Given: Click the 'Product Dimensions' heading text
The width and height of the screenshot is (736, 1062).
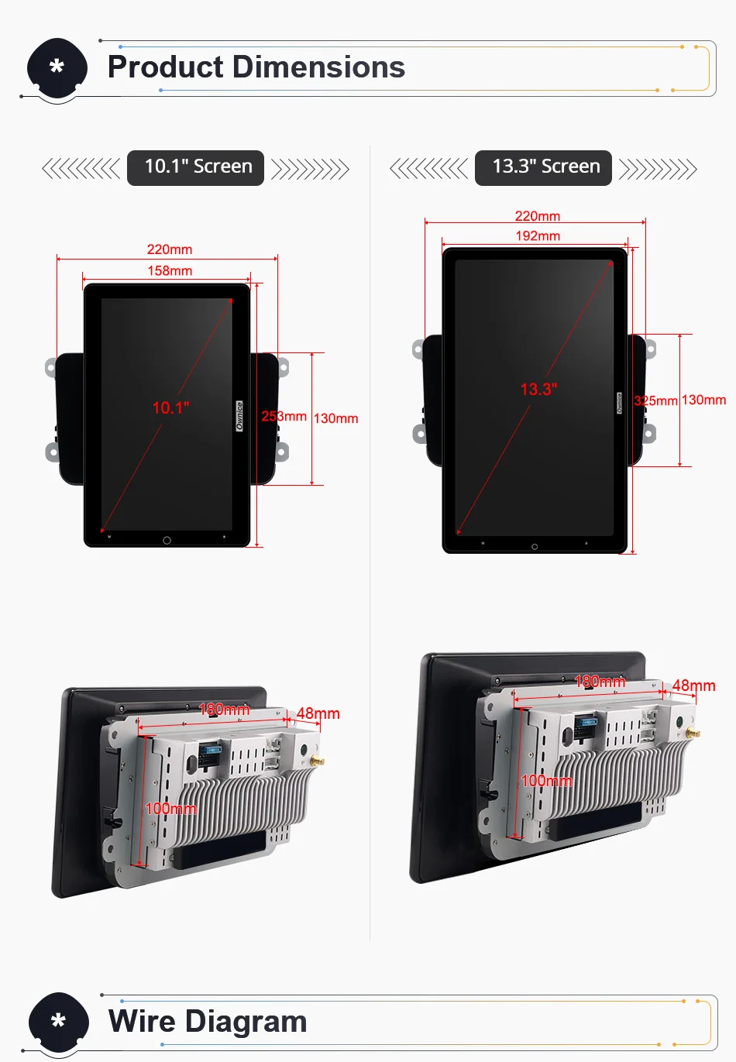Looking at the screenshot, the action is [256, 67].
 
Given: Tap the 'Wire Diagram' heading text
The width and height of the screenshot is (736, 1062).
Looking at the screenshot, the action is [208, 1021].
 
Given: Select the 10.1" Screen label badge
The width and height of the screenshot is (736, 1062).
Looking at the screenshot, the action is [195, 167].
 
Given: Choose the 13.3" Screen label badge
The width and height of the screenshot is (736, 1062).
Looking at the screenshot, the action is [543, 167].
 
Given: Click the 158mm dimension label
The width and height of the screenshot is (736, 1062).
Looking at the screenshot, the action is [170, 270].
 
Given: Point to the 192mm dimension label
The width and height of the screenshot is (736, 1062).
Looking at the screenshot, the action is [538, 235].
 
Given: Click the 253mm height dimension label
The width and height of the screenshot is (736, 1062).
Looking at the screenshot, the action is [284, 417].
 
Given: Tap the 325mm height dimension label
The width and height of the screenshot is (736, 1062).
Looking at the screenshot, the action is [655, 400].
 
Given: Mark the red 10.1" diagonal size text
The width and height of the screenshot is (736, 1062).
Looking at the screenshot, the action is [170, 407].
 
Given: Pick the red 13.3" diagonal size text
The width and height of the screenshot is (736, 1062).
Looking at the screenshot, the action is [538, 389].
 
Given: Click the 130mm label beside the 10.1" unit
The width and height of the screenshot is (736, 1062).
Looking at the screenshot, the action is [335, 418].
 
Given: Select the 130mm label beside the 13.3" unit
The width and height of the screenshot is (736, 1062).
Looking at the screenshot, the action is [703, 400].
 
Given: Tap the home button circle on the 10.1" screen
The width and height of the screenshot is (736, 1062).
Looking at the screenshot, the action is [167, 540].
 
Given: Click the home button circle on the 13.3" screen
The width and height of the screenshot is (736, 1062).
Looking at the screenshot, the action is [535, 547].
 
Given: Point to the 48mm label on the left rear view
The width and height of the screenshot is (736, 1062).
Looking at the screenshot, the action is [318, 713].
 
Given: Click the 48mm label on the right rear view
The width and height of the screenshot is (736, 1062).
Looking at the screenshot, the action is [693, 686].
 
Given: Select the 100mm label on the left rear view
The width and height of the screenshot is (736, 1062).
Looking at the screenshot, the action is [170, 809].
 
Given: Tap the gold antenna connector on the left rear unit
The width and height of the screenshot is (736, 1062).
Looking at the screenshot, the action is [317, 761].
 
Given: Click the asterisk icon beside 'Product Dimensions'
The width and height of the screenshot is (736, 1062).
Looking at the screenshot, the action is [57, 67].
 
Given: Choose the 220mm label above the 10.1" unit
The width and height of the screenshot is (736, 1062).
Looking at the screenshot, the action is [170, 249].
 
